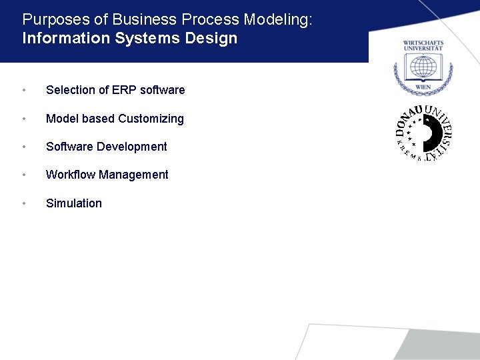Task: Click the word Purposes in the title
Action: (51, 20)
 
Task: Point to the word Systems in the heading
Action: (149, 38)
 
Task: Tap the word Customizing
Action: (151, 119)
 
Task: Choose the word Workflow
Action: (70, 175)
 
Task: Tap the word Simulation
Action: (73, 203)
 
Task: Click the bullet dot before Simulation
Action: (24, 204)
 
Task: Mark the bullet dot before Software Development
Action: (24, 147)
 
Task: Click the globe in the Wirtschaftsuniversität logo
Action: (423, 67)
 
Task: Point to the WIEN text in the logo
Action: (423, 87)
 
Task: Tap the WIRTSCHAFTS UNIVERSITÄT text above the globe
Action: (423, 46)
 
